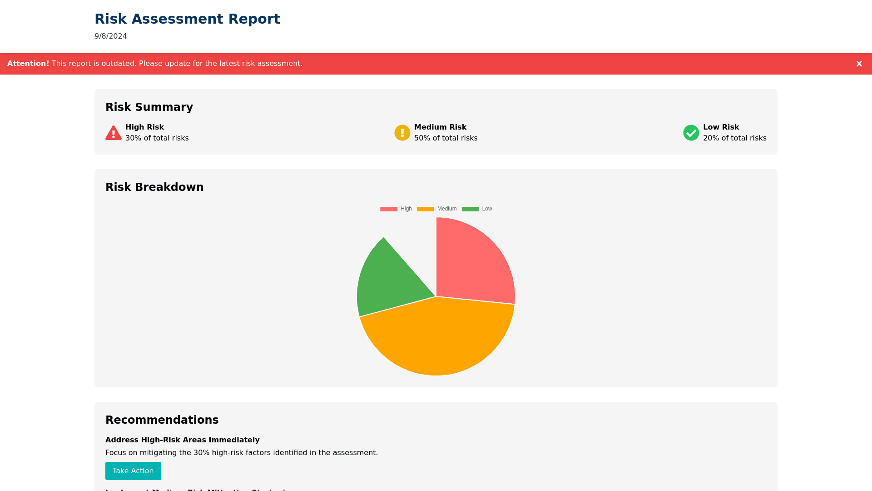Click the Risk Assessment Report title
point(187,19)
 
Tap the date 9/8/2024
point(111,36)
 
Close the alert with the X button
point(859,64)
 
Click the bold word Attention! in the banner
point(28,64)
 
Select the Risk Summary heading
point(149,107)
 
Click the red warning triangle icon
point(114,133)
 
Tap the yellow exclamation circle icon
point(402,133)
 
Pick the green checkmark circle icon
point(691,133)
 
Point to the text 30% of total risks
point(157,138)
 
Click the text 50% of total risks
point(446,138)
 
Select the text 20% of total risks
point(734,138)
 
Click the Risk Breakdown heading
point(154,187)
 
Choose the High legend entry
point(396,209)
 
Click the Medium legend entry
point(437,209)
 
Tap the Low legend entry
point(477,209)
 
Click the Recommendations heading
point(162,420)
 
